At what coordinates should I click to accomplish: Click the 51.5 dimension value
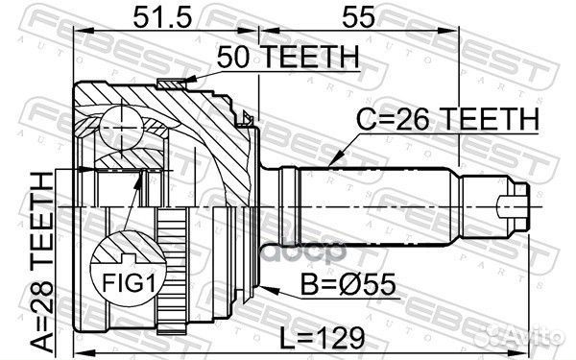[x=163, y=17]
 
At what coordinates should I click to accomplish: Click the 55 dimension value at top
[x=358, y=17]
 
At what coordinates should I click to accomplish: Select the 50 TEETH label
[x=288, y=57]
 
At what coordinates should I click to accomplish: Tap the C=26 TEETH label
[x=447, y=119]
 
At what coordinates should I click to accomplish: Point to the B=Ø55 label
[x=348, y=284]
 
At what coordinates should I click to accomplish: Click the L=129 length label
[x=323, y=338]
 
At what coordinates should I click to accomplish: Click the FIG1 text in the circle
[x=129, y=283]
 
